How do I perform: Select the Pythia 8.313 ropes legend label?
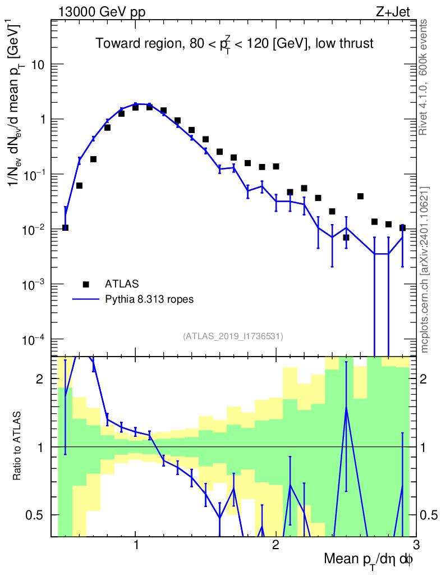[x=149, y=299]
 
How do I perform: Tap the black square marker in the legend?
[x=86, y=284]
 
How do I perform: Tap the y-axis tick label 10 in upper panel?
[x=37, y=65]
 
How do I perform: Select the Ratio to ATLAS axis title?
[x=19, y=447]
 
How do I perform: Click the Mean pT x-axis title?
[x=369, y=560]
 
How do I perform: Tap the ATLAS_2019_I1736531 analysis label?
[x=233, y=336]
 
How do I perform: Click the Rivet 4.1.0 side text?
[x=424, y=77]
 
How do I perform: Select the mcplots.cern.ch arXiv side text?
[x=424, y=270]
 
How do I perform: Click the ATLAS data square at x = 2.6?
[x=360, y=196]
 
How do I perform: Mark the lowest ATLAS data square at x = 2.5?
[x=346, y=237]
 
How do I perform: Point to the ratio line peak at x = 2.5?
[x=346, y=405]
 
